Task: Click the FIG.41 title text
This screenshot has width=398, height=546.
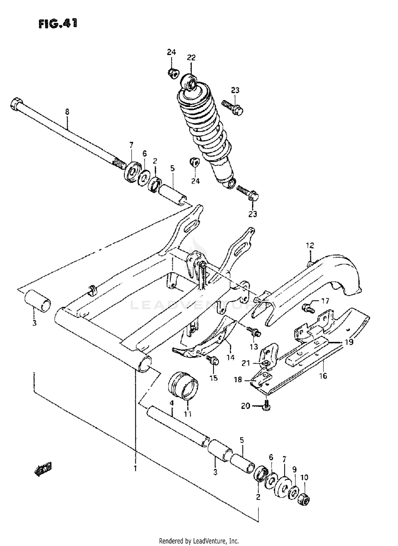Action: pyautogui.click(x=58, y=24)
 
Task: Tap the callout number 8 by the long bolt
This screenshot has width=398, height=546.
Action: pyautogui.click(x=67, y=112)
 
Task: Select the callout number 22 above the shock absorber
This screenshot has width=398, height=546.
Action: pyautogui.click(x=191, y=57)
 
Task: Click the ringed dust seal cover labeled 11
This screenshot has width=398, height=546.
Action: pyautogui.click(x=183, y=389)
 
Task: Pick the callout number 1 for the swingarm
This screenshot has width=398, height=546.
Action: pyautogui.click(x=135, y=468)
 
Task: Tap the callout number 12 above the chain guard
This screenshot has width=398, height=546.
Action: pyautogui.click(x=310, y=245)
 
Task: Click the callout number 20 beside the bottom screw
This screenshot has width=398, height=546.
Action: pyautogui.click(x=245, y=405)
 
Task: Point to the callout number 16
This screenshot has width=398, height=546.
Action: pyautogui.click(x=323, y=375)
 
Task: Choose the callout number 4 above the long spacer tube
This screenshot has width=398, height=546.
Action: pyautogui.click(x=172, y=403)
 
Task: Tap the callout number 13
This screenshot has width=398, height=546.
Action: pyautogui.click(x=254, y=346)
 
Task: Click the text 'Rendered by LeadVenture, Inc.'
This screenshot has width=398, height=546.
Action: pyautogui.click(x=199, y=541)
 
